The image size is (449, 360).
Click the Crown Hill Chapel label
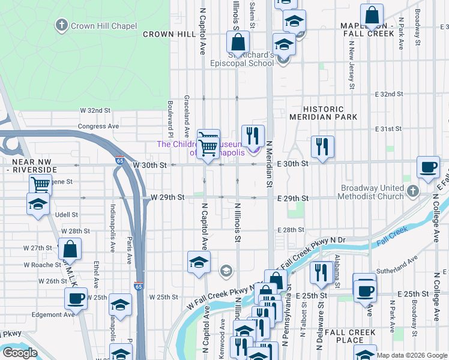(x=103, y=26)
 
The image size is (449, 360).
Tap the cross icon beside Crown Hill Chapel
(x=61, y=25)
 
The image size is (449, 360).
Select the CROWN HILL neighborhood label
(x=169, y=34)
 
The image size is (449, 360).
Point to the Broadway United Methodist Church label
(x=372, y=192)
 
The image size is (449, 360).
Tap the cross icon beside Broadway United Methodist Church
(x=412, y=191)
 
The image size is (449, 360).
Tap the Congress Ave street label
(x=98, y=127)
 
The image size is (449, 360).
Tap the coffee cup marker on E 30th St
(x=429, y=168)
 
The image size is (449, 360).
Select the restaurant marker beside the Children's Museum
(x=253, y=136)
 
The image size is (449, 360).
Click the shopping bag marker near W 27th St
(x=70, y=249)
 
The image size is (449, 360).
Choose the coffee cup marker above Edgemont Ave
(x=76, y=298)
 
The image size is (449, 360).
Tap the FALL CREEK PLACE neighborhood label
(x=354, y=336)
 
